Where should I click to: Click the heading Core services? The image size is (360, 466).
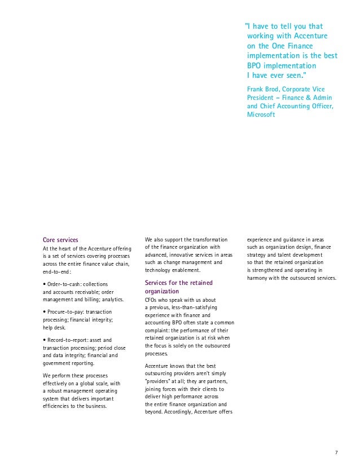point(60,240)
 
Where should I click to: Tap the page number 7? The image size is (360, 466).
point(336,452)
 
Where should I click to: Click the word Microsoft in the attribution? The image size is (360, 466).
point(261,115)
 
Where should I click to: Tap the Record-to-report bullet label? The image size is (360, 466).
point(69,340)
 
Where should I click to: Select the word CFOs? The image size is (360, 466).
point(152,300)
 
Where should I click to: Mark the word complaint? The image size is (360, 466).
point(160,331)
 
